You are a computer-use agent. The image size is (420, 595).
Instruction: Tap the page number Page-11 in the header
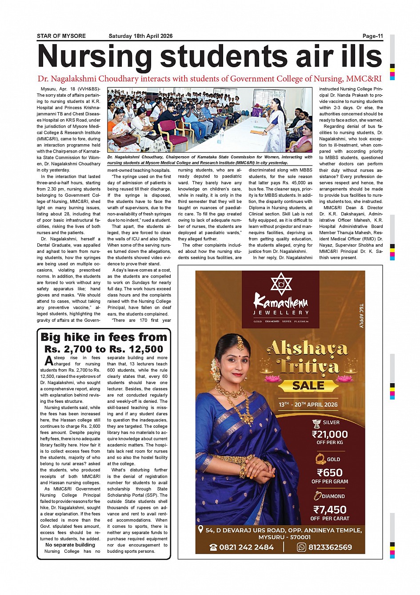(x=372, y=36)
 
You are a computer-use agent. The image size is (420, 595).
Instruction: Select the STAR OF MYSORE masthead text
(x=61, y=36)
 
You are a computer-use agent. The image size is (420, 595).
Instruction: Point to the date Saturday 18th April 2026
(x=140, y=36)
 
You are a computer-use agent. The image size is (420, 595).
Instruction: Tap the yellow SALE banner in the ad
(x=308, y=385)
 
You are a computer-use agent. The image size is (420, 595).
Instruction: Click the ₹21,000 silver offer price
(x=330, y=434)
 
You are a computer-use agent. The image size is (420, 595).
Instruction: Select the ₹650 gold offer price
(x=330, y=473)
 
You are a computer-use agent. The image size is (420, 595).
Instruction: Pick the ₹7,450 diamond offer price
(x=330, y=510)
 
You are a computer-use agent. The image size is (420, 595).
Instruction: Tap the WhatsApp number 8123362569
(x=330, y=547)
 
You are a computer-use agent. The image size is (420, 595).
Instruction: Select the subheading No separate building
(x=70, y=545)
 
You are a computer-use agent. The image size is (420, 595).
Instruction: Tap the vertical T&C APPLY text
(x=361, y=316)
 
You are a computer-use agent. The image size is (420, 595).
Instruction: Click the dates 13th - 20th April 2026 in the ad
(x=308, y=405)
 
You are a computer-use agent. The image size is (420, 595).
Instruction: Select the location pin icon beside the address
(x=200, y=530)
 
